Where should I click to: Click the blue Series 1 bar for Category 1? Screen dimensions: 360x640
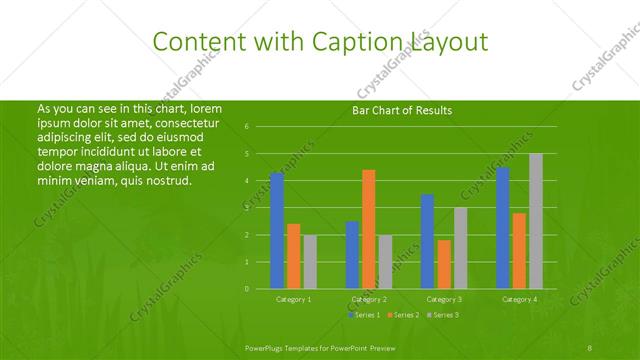277,230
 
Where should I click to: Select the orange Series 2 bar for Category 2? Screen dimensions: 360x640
369,229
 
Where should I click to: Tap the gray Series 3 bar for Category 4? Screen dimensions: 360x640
536,221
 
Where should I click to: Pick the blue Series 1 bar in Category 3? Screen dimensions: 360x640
427,241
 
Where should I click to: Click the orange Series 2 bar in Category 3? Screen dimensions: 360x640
444,264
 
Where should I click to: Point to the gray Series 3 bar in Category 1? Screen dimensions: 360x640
310,261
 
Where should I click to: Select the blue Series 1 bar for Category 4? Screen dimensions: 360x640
503,227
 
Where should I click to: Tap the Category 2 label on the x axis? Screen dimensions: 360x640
369,299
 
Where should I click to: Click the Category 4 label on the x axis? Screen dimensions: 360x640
519,299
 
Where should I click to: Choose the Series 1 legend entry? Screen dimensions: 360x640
364,315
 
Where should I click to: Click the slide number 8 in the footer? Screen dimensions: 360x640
590,347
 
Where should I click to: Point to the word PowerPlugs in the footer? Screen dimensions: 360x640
268,347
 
